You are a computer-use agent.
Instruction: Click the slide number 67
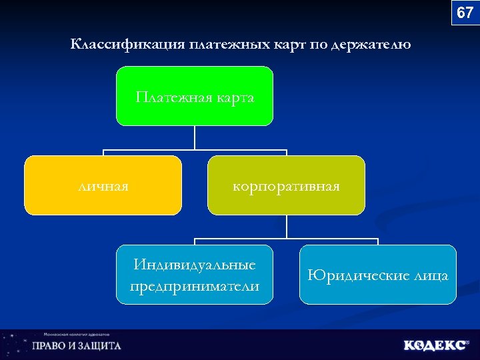[465, 13]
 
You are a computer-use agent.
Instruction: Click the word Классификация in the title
[127, 45]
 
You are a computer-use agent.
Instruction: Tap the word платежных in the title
[230, 45]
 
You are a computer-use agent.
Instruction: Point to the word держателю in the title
[371, 45]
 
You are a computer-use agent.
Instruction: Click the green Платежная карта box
[195, 96]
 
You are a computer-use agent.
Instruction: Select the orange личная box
[103, 185]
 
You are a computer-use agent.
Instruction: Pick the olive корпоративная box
[286, 185]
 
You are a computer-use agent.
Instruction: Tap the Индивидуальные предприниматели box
[195, 275]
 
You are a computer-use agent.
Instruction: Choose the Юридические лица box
[377, 275]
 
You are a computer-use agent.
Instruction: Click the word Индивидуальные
[195, 265]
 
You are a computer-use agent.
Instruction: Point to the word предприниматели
[195, 286]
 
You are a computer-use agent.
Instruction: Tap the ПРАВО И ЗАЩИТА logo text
[77, 346]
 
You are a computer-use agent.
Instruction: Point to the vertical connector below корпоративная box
[286, 227]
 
